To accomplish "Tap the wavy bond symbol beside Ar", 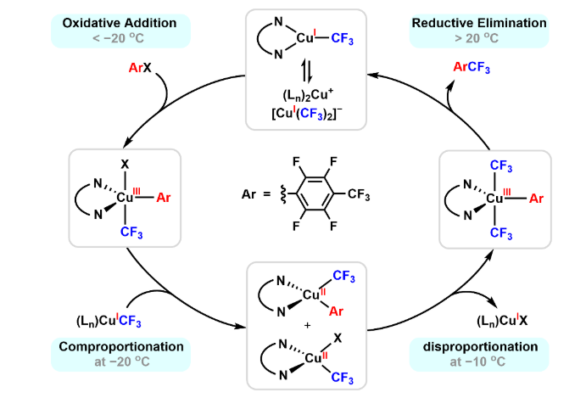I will (274, 197).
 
